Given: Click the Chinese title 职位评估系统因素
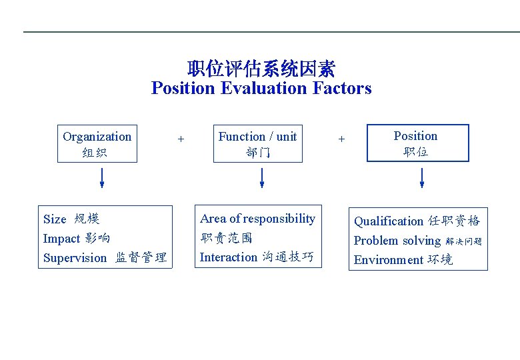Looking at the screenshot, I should coord(261,69).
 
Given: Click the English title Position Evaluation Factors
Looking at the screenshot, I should coord(261,88).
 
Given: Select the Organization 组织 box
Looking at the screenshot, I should coord(97,144).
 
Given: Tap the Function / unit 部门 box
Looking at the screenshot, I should coord(257,144).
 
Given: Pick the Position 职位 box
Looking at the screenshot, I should coord(417,143).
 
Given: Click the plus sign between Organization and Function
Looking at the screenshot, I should coord(181,139).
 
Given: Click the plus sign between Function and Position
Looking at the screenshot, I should coord(341,139).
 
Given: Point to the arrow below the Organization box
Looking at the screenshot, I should coord(102,177).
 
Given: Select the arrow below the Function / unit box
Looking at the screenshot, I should coord(262,177).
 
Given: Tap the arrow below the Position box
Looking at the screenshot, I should coord(421,177).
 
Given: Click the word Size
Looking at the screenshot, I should coord(55,219).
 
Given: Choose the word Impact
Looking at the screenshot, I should coord(61,239).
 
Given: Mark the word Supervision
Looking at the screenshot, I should coord(75,258).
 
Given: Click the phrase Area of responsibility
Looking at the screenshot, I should coord(257,219).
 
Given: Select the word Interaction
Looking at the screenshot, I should coord(228,257).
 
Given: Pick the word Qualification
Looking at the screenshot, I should coord(388,221).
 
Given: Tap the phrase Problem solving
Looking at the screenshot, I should coord(397,241).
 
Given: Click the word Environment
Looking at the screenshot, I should coord(388,260).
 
